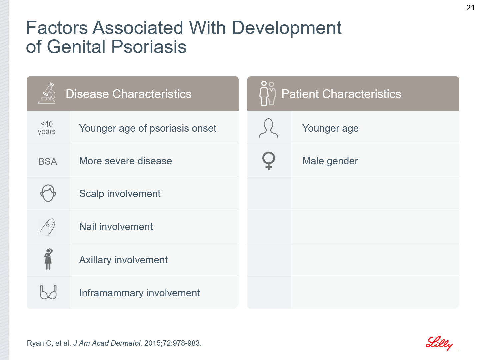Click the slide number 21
470,8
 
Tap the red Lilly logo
439,343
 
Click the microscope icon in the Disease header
47,93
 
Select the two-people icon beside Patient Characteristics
268,93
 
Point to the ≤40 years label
47,128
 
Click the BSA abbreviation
48,162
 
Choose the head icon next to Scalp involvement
48,193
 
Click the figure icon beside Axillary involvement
48,259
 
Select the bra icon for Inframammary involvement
48,292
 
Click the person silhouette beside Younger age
269,128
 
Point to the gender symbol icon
269,161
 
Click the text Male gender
330,161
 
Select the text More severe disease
126,161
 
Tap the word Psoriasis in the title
149,47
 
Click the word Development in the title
286,28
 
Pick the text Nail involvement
116,227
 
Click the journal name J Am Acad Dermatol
108,343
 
